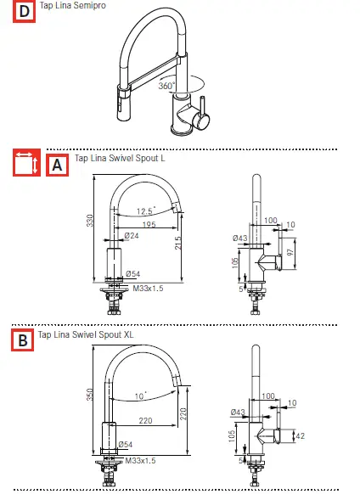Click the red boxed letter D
pyautogui.click(x=23, y=12)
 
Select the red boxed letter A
pyautogui.click(x=58, y=165)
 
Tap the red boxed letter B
pyautogui.click(x=23, y=341)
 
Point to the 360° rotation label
pyautogui.click(x=166, y=86)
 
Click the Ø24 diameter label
pyautogui.click(x=132, y=235)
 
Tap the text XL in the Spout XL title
pyautogui.click(x=128, y=334)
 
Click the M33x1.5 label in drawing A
pyautogui.click(x=148, y=288)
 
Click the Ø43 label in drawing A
pyautogui.click(x=239, y=238)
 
